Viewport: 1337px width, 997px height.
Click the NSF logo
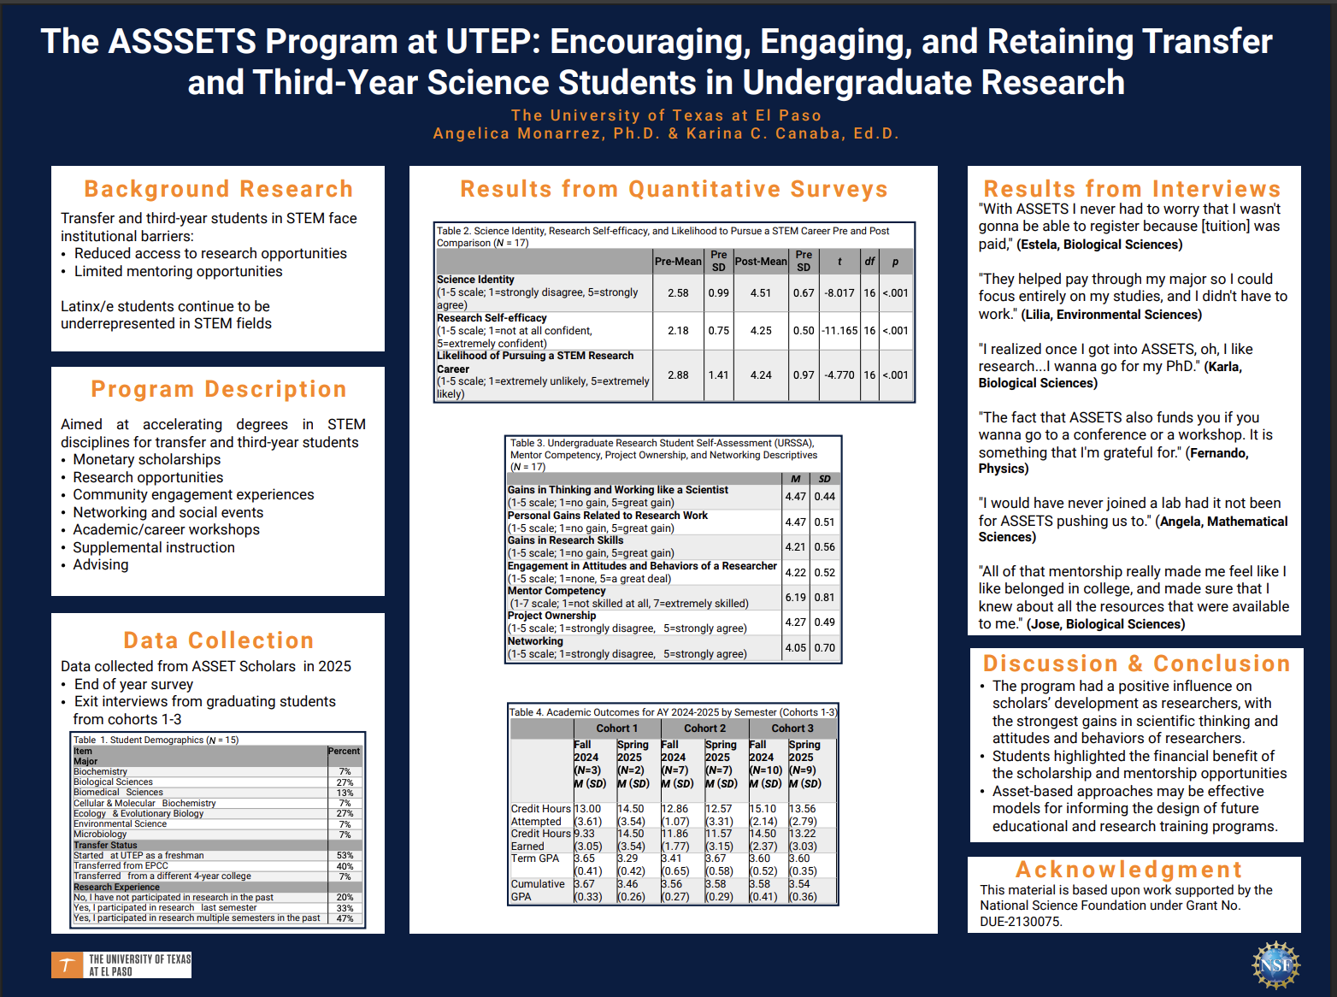(x=1275, y=965)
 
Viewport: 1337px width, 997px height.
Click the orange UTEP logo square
(x=67, y=965)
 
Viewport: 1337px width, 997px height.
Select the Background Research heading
(x=218, y=189)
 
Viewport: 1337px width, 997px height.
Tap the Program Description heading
(x=218, y=389)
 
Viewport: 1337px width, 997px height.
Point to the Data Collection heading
(x=218, y=640)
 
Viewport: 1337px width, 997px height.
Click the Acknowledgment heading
(x=1128, y=870)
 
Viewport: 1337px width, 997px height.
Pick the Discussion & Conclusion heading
(x=1136, y=664)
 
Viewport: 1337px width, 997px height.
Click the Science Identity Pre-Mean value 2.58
(x=678, y=292)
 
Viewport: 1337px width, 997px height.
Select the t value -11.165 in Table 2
(x=839, y=330)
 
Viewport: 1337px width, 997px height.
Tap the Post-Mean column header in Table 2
(x=761, y=261)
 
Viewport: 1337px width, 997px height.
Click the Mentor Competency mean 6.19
(x=795, y=597)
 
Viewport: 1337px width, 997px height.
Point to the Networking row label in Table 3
(x=535, y=641)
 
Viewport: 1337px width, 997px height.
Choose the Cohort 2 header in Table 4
(x=704, y=729)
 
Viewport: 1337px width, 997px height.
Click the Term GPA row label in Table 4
(x=535, y=858)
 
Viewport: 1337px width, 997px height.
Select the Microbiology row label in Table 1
(x=100, y=835)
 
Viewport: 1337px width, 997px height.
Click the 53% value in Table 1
(x=345, y=855)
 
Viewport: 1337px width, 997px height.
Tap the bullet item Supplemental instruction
(x=154, y=547)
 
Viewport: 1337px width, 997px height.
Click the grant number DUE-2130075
(x=1021, y=922)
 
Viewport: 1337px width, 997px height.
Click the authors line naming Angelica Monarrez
(x=666, y=133)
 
